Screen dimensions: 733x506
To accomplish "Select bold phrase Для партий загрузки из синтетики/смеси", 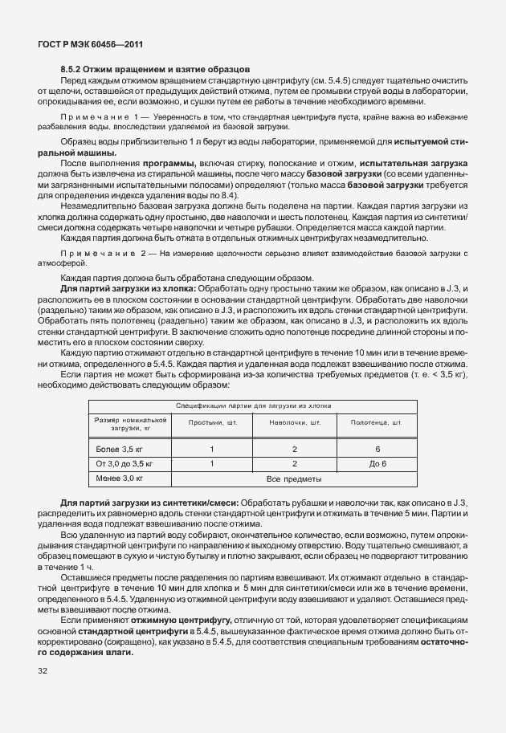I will pos(135,502).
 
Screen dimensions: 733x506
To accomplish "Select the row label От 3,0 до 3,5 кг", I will pos(124,463).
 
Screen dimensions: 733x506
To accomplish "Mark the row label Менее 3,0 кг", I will pos(119,478).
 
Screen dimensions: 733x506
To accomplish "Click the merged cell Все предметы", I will pos(294,478).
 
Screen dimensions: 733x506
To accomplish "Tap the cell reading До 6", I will pos(377,463).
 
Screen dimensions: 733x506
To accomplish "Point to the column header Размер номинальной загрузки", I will pos(130,424).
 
